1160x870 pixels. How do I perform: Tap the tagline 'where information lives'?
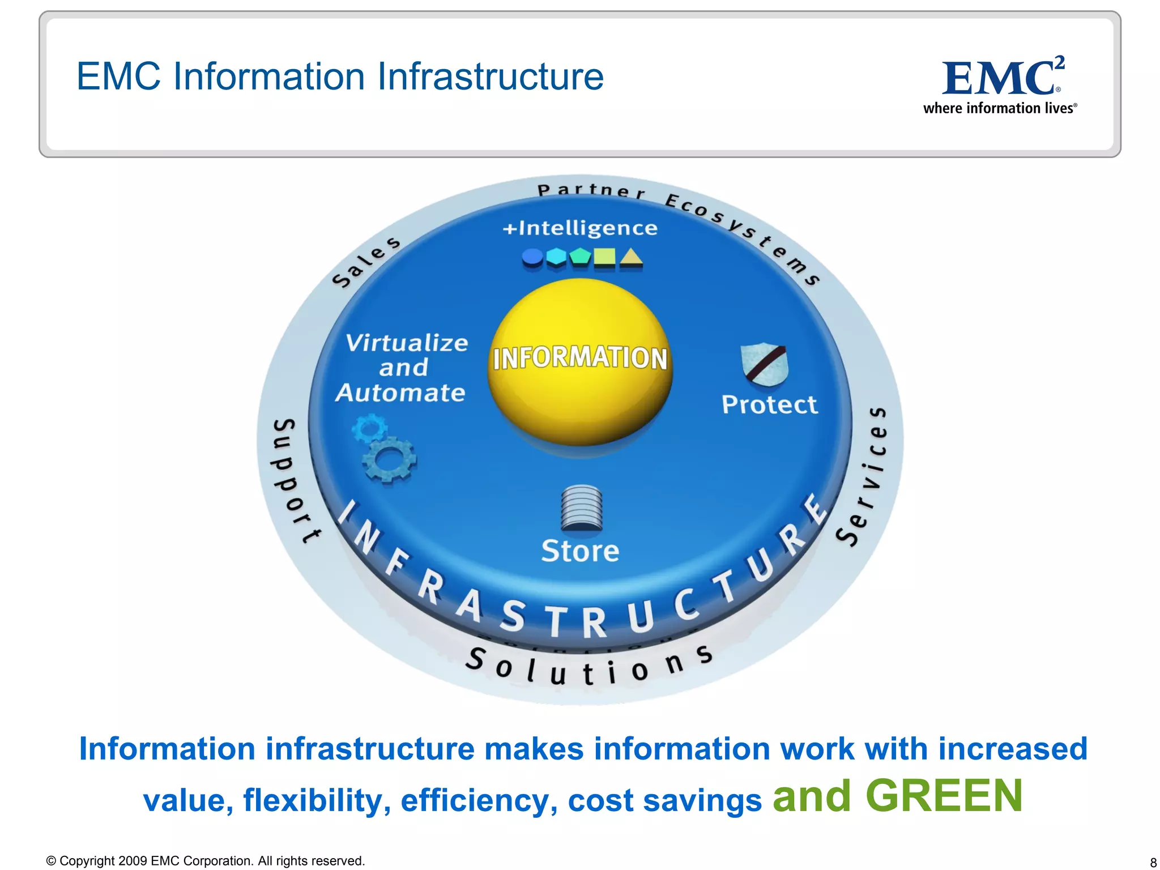pyautogui.click(x=999, y=108)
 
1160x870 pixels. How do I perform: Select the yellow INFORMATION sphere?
pyautogui.click(x=580, y=362)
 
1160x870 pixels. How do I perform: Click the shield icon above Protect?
pyautogui.click(x=764, y=365)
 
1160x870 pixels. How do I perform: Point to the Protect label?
pyautogui.click(x=769, y=405)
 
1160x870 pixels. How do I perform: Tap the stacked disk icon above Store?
pyautogui.click(x=582, y=508)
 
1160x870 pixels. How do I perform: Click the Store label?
pyautogui.click(x=580, y=551)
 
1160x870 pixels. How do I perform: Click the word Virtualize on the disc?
pyautogui.click(x=407, y=343)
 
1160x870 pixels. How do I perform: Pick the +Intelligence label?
pyautogui.click(x=580, y=228)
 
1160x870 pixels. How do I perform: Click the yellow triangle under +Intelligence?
pyautogui.click(x=631, y=258)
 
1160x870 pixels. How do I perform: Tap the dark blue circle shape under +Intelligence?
pyautogui.click(x=532, y=258)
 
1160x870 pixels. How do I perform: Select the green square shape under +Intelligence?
pyautogui.click(x=604, y=258)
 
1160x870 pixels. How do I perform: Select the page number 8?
pyautogui.click(x=1153, y=863)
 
